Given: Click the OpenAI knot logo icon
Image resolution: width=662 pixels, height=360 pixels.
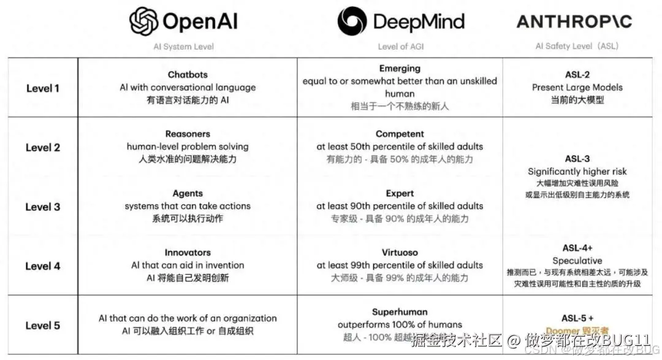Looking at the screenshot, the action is [x=144, y=21].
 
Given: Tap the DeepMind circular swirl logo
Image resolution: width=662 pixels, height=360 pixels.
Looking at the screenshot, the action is [x=352, y=21].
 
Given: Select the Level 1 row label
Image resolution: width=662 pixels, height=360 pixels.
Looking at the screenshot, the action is [x=43, y=88].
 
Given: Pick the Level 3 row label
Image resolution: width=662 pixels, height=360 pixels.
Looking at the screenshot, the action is [x=43, y=207].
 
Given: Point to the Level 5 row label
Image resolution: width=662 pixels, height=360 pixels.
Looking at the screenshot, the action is [x=43, y=326].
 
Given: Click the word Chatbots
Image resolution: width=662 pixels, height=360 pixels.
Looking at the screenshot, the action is [x=188, y=75].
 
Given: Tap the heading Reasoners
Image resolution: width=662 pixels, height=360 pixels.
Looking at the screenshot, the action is [x=188, y=134].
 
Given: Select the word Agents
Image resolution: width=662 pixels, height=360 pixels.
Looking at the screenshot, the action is [x=188, y=193].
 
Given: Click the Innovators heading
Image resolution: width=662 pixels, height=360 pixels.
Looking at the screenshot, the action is [x=188, y=252].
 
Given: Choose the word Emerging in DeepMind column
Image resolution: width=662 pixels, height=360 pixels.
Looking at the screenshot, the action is [x=400, y=69].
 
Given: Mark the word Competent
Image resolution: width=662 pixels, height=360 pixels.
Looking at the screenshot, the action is [x=400, y=134].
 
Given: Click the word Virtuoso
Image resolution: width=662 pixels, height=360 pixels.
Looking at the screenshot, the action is [x=400, y=252].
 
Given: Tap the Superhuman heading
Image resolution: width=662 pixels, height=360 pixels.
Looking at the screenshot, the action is [x=400, y=312].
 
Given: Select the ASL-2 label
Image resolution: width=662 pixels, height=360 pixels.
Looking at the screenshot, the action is [x=577, y=75].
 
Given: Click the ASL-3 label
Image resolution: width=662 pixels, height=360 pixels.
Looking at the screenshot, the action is [x=577, y=159].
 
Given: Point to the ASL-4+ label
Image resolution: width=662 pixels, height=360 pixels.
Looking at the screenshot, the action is [x=577, y=248].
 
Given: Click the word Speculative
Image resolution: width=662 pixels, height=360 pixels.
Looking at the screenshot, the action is [x=577, y=261].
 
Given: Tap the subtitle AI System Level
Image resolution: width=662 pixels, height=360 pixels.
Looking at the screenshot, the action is [x=183, y=47].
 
